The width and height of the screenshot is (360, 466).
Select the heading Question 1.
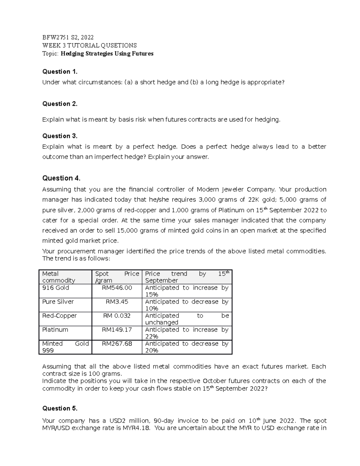coord(60,72)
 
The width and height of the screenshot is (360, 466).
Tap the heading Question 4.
coord(61,178)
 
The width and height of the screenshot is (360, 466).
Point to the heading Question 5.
coord(60,408)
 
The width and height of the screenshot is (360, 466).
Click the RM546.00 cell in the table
coord(117,288)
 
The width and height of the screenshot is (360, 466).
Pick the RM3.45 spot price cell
coord(117,302)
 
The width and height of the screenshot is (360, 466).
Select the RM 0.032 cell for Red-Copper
coord(117,316)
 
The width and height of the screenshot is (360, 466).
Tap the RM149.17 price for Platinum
coord(117,330)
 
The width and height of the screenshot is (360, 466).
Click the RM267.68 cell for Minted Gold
coord(117,344)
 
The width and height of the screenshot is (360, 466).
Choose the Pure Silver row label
coord(58,302)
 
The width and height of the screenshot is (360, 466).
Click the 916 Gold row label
coord(56,288)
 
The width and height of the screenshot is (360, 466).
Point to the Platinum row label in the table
coord(55,330)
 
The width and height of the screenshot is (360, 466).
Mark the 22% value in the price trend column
coord(151,337)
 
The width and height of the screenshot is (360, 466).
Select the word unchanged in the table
coord(162,323)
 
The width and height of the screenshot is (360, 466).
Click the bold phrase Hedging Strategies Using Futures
coord(107,54)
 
